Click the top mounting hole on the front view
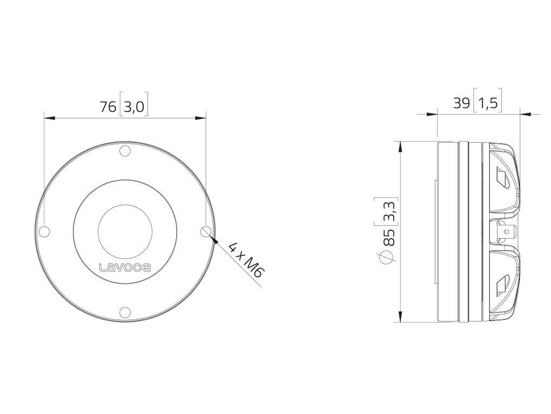tap(125, 151)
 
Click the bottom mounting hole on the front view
tap(125, 312)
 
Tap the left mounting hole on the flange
tap(45, 231)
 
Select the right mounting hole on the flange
tap(205, 231)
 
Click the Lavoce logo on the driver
tap(125, 267)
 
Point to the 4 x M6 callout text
tap(245, 260)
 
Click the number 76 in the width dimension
tap(108, 106)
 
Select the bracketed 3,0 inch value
tap(133, 106)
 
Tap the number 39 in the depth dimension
tap(461, 103)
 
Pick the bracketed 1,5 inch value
tap(487, 103)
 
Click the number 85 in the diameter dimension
tap(388, 237)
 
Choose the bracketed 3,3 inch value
tap(388, 211)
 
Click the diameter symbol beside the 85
tap(387, 258)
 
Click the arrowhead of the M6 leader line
tap(212, 238)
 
